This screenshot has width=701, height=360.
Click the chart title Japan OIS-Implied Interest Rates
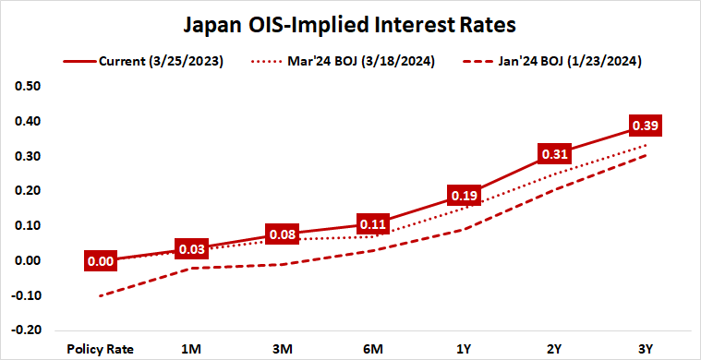(350, 21)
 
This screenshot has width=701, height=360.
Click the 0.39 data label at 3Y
(645, 125)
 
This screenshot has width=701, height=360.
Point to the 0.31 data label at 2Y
(554, 153)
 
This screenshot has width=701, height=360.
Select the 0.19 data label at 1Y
(464, 195)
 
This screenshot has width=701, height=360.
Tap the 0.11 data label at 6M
(372, 222)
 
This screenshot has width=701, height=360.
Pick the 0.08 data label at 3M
(282, 234)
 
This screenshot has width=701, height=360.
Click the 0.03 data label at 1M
(191, 250)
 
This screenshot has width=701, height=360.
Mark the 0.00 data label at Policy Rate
(100, 261)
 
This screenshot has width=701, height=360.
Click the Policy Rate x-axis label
(101, 349)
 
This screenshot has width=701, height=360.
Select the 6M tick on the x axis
(372, 349)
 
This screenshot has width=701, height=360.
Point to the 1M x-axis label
(191, 349)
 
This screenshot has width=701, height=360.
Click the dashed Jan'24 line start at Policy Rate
(101, 295)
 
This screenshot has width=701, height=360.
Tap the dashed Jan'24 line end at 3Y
(645, 155)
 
